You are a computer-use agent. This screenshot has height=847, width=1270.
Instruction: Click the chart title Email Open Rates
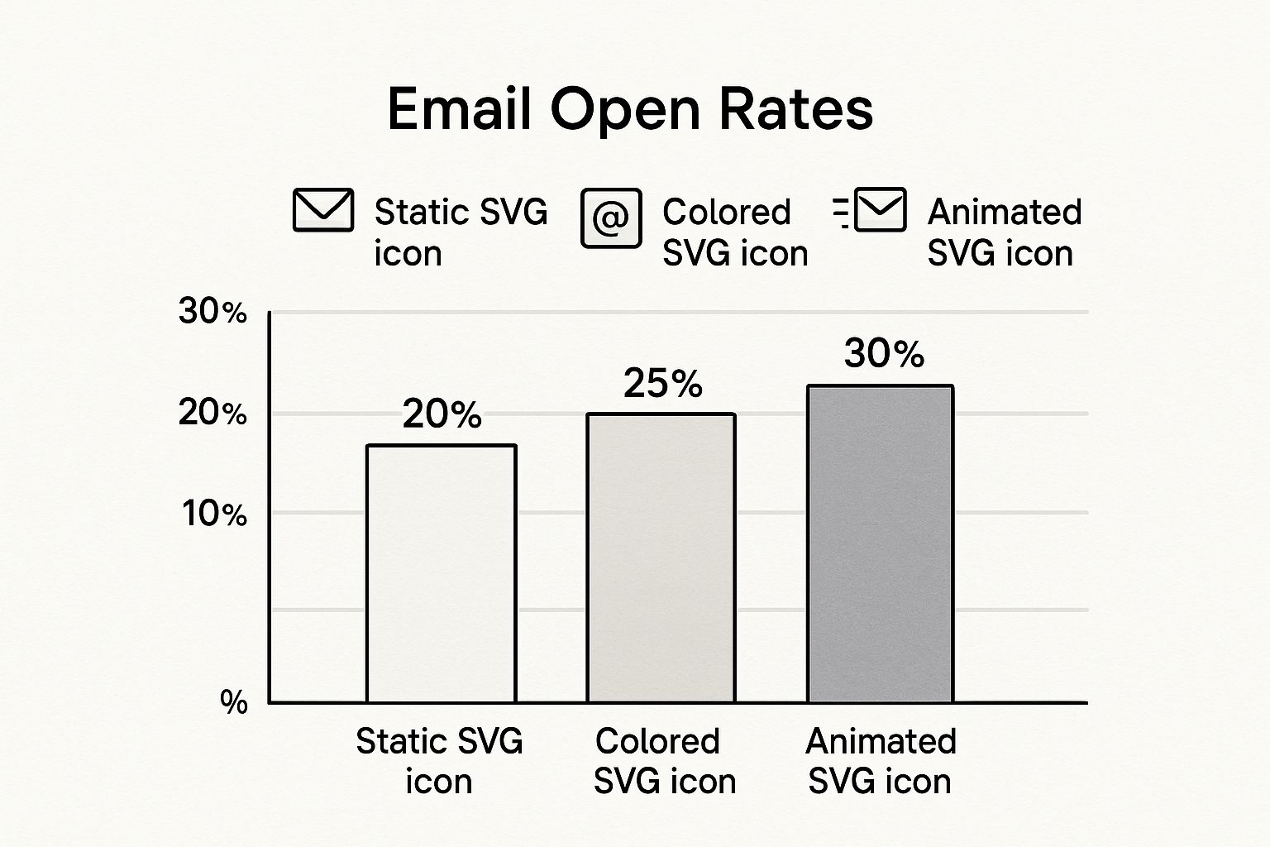(630, 109)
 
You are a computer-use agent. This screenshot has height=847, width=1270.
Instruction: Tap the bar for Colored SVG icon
(661, 557)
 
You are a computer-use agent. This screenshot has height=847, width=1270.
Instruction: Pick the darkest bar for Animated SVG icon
(880, 543)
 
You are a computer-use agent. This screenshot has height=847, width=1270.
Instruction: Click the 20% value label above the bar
(442, 414)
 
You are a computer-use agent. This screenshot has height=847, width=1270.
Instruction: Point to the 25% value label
(662, 384)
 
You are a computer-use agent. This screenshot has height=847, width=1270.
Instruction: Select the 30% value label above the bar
(883, 354)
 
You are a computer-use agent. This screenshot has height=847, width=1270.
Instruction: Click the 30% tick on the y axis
(212, 312)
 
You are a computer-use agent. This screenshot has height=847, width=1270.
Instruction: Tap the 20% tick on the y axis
(212, 413)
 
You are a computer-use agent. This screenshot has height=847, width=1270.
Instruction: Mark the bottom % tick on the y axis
(234, 702)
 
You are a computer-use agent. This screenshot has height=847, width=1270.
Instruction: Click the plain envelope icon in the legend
(323, 210)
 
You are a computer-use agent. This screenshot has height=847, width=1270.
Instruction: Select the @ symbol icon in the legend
(611, 218)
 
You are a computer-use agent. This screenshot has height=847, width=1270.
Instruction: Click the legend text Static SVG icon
(460, 232)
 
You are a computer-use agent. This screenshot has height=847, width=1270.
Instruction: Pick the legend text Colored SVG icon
(734, 232)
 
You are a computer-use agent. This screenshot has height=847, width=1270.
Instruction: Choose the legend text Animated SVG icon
(1004, 232)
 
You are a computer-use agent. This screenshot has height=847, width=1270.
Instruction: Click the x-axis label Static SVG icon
(439, 761)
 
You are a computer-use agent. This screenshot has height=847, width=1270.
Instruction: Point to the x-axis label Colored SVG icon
(664, 761)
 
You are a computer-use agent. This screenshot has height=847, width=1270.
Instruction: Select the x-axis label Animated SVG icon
(881, 761)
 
